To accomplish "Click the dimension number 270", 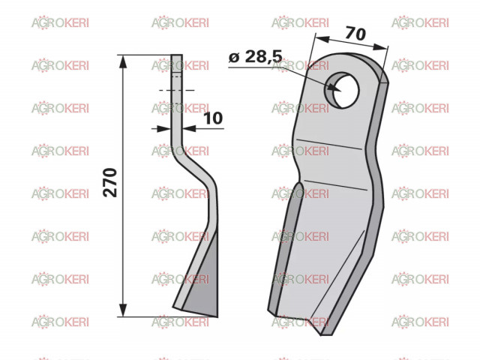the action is (x=110, y=182).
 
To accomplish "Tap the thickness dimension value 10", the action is (x=213, y=118).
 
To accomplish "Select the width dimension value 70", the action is (x=355, y=33).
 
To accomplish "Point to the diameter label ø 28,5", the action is (x=256, y=56).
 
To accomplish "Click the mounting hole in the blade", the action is (x=342, y=90).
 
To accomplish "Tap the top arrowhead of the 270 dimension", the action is (x=123, y=62).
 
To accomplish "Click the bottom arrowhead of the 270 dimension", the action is (x=123, y=310).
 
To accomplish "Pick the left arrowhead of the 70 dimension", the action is (x=322, y=39).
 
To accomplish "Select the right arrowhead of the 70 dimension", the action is (x=380, y=47).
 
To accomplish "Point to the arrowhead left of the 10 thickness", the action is (x=163, y=128).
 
